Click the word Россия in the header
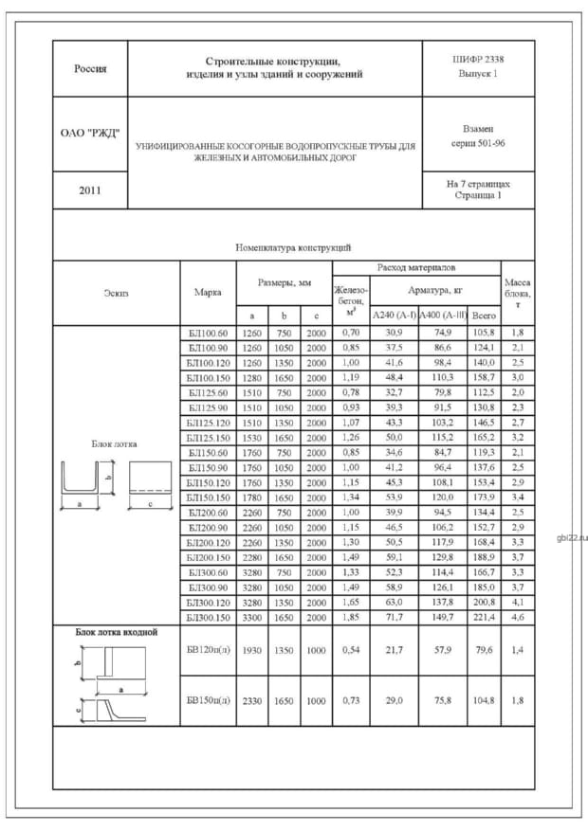(90, 68)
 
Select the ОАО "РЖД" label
(90, 133)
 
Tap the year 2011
(90, 190)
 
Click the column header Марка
(207, 293)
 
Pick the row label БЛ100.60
(208, 333)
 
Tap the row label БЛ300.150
(208, 617)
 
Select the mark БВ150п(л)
(208, 700)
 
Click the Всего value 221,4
(484, 617)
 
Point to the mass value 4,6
(518, 617)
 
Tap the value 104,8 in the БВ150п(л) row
(484, 700)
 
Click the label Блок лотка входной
(117, 631)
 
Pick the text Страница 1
(478, 194)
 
